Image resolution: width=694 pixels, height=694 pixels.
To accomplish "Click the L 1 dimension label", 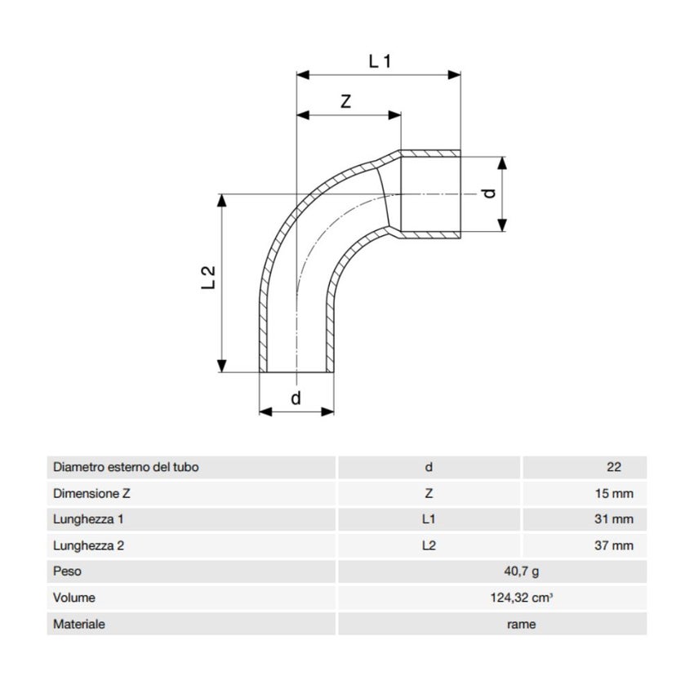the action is [380, 61].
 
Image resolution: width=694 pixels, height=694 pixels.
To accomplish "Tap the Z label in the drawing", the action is [345, 102].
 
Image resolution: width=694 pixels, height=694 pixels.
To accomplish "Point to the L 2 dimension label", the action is [208, 278].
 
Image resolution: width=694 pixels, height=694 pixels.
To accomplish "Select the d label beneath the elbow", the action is [296, 398].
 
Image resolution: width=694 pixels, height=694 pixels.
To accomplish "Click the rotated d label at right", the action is [488, 194].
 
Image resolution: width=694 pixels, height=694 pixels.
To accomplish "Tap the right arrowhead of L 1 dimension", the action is [455, 75].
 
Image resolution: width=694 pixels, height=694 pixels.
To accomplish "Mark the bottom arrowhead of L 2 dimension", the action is [222, 366].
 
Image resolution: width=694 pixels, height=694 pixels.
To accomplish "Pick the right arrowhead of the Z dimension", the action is [394, 115].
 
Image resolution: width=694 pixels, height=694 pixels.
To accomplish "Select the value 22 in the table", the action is [613, 467].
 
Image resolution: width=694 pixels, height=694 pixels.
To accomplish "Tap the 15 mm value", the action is [614, 493].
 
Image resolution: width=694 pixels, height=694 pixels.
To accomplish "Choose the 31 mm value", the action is [614, 518].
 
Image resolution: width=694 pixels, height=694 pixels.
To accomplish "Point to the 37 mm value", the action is [614, 545].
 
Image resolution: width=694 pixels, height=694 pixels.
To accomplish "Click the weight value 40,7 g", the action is [522, 572].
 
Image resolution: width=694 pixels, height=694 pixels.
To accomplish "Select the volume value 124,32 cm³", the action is [522, 598].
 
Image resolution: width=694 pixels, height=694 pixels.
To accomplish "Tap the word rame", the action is [522, 625].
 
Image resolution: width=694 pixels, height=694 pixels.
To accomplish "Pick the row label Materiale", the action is [79, 624].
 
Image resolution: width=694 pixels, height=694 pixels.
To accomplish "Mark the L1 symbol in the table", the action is [429, 518].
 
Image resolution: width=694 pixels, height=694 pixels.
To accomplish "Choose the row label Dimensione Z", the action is [91, 493].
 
